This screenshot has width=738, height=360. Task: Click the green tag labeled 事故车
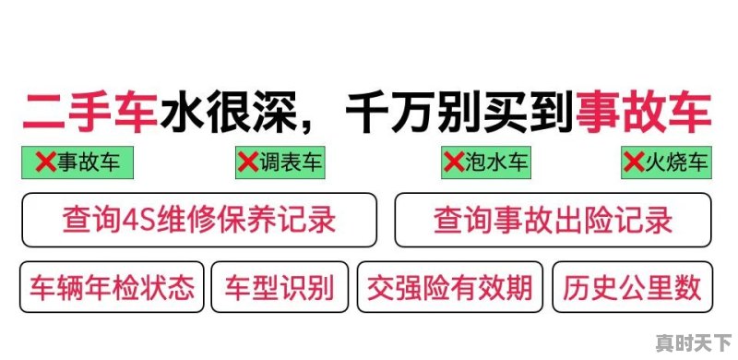coord(78,163)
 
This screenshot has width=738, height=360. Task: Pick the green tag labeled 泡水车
coord(486,163)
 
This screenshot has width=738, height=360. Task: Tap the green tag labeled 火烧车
coord(666,163)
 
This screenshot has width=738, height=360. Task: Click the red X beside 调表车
coord(248,163)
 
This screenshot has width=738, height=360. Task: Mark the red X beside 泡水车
coord(454,163)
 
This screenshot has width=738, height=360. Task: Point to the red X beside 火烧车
coord(634,163)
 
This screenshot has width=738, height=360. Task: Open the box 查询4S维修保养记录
coord(199,221)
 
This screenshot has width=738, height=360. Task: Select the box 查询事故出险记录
coord(553,221)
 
